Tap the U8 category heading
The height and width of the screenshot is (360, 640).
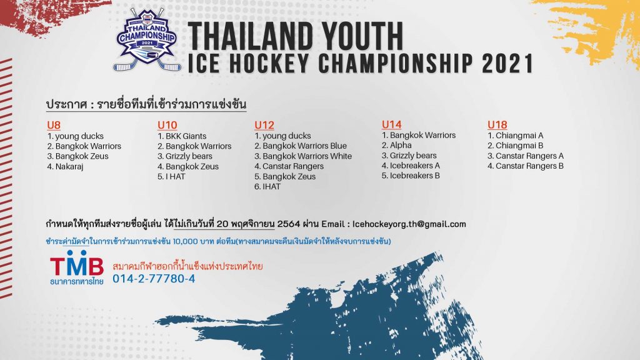click(x=54, y=124)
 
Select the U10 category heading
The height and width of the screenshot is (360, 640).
click(x=167, y=124)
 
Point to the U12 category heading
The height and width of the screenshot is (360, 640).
click(x=264, y=124)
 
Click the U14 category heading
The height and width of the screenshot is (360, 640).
click(x=391, y=124)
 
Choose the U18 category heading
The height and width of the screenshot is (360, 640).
click(x=497, y=124)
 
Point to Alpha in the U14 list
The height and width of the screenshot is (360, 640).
click(x=401, y=146)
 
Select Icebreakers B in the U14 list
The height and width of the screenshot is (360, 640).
click(x=414, y=176)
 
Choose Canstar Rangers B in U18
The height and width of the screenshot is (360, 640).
click(x=529, y=166)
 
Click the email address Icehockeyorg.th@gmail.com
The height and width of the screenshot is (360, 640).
click(x=409, y=224)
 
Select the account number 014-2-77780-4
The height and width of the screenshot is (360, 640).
click(x=154, y=279)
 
